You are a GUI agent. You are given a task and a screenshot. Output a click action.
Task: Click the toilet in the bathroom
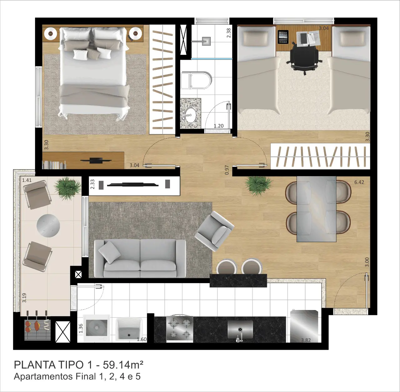pyautogui.click(x=196, y=80)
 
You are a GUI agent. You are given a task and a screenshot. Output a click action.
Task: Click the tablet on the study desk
pyautogui.click(x=283, y=37)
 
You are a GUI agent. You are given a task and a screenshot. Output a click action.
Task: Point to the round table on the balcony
pyautogui.click(x=48, y=226)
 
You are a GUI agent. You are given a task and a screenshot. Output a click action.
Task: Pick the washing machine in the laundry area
pyautogui.click(x=97, y=328)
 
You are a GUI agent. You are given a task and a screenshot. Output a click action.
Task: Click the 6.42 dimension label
pyautogui.click(x=359, y=182)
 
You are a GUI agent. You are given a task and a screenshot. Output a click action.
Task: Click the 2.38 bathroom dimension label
pyautogui.click(x=228, y=33)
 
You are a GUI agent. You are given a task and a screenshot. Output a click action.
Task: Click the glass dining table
pyautogui.click(x=316, y=209)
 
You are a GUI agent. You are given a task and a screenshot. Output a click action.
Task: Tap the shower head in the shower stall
pyautogui.click(x=206, y=41)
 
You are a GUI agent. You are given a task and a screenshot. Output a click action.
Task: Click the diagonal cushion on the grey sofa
pyautogui.click(x=110, y=253)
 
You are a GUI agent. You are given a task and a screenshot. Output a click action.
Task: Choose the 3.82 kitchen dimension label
pyautogui.click(x=306, y=340)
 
